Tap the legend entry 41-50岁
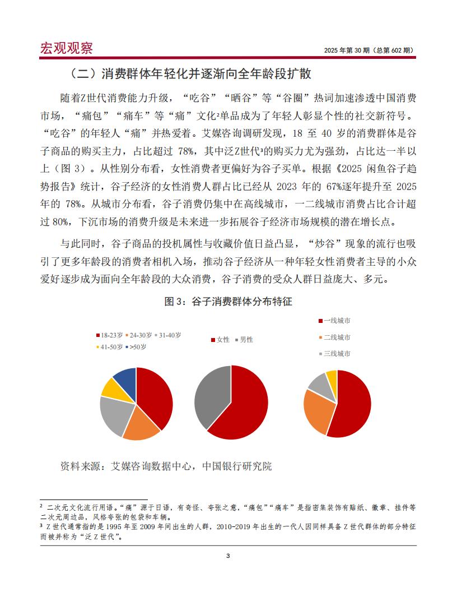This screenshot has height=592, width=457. pos(110,347)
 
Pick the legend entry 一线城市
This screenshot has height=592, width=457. pos(337,321)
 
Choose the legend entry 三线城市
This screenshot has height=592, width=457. pos(337,354)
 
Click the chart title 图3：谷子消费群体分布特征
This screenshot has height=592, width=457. pos(228,302)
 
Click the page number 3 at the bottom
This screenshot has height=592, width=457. pos(228,556)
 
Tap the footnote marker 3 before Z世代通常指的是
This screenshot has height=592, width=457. pos(41,526)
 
